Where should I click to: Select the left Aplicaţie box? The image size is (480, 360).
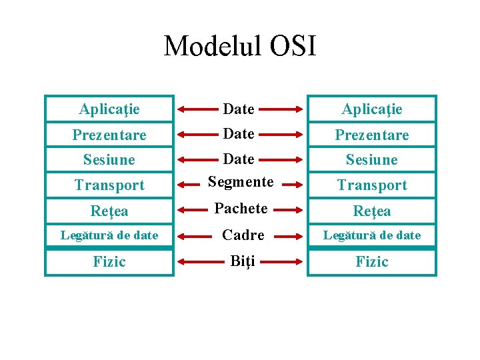pyautogui.click(x=109, y=109)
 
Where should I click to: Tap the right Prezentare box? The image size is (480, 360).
pyautogui.click(x=371, y=135)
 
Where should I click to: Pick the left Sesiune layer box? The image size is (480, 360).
pyautogui.click(x=109, y=160)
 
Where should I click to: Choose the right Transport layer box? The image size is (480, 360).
pyautogui.click(x=371, y=185)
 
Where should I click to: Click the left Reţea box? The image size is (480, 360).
pyautogui.click(x=109, y=211)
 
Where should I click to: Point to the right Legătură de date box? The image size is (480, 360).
pyautogui.click(x=371, y=235)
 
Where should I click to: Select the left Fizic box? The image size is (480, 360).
pyautogui.click(x=109, y=261)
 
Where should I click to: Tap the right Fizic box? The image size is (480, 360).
pyautogui.click(x=371, y=261)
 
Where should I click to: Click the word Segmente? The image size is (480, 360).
pyautogui.click(x=241, y=181)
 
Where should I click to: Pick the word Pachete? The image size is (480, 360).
pyautogui.click(x=241, y=208)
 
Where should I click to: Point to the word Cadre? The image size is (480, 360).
pyautogui.click(x=243, y=235)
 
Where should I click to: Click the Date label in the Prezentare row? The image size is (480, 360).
pyautogui.click(x=239, y=134)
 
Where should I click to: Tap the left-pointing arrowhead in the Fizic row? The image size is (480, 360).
pyautogui.click(x=181, y=261)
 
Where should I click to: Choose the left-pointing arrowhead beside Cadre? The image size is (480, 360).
pyautogui.click(x=181, y=235)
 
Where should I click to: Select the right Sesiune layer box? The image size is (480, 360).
pyautogui.click(x=371, y=160)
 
